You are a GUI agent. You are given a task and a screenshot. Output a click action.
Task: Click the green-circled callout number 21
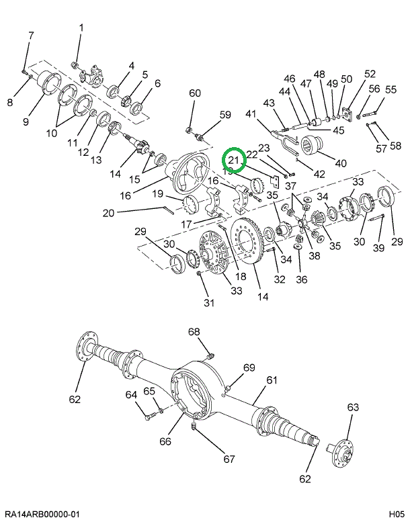click(234, 160)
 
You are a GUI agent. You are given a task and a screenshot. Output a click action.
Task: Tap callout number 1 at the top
click(81, 28)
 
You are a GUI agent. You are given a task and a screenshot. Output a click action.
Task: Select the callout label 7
click(31, 35)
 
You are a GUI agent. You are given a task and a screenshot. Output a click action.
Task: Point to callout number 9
click(26, 122)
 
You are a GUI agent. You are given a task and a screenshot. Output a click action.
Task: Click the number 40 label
click(341, 162)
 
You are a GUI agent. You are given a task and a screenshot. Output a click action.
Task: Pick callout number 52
click(370, 74)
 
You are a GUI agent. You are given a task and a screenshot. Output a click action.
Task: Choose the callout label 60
click(194, 93)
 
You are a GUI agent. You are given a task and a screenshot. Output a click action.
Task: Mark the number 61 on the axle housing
click(271, 380)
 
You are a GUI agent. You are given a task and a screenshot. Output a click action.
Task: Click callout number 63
click(354, 407)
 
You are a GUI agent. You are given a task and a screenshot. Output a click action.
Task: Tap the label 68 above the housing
click(194, 332)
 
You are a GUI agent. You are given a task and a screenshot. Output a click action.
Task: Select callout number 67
click(229, 460)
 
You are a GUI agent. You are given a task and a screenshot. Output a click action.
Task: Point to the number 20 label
click(108, 214)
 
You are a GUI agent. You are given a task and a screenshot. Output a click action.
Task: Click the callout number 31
click(208, 302)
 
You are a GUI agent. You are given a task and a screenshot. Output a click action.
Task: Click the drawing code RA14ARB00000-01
click(42, 513)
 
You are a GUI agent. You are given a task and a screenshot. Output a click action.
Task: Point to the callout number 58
click(395, 146)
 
